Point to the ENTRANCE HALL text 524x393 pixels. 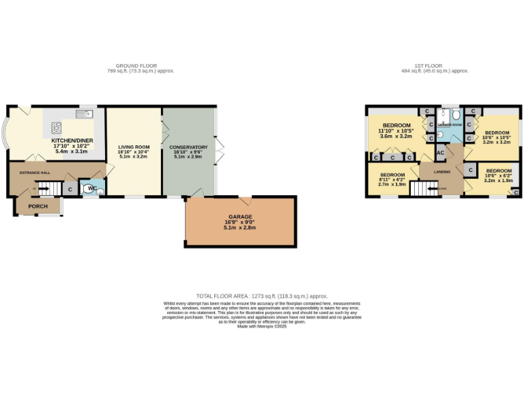(x=35, y=173)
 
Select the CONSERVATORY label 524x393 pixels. (x=189, y=147)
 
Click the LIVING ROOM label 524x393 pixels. (x=134, y=147)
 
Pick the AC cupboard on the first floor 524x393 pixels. (x=441, y=153)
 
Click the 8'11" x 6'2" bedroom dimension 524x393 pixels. (x=392, y=179)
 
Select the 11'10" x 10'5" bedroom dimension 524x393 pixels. (x=396, y=130)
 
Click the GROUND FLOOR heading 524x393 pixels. (x=133, y=65)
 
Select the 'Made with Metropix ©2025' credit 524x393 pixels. (x=261, y=327)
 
